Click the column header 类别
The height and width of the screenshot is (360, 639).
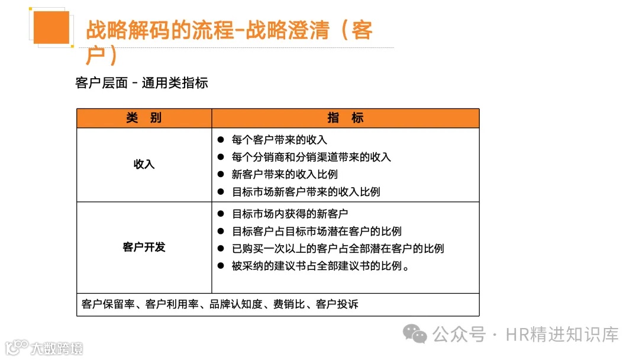144,118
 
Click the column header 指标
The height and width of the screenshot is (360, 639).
345,118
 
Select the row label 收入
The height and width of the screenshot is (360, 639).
144,164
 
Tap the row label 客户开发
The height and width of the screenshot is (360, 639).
144,247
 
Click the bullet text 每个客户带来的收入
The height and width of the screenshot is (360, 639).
279,140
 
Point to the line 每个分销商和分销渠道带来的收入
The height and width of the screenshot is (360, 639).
311,157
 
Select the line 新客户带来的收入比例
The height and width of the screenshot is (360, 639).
285,175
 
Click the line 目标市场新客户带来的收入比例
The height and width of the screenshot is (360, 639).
306,192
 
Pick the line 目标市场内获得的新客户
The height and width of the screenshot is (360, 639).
290,214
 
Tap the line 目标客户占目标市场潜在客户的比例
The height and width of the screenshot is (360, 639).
317,231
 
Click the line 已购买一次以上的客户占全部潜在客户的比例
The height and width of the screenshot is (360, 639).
338,249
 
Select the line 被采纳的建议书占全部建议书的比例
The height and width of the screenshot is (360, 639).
321,266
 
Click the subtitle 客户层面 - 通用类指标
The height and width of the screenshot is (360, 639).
142,83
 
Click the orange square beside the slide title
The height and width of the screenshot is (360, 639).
51,27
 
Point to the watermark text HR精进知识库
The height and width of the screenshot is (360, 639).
562,335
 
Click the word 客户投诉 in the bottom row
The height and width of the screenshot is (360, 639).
337,304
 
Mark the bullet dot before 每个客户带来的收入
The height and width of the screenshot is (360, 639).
220,140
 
